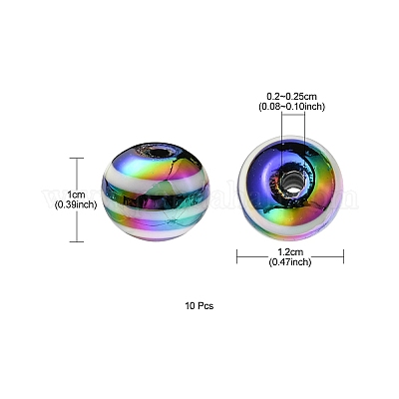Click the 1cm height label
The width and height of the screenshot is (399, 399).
(76, 194)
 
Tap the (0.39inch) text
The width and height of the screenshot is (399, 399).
(76, 205)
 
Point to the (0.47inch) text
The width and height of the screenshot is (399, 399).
(290, 262)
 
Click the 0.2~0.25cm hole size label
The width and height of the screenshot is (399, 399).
(292, 97)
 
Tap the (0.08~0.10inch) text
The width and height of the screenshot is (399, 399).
(292, 107)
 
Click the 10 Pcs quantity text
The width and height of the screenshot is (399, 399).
(199, 306)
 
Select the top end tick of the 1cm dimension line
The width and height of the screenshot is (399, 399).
(78, 159)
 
